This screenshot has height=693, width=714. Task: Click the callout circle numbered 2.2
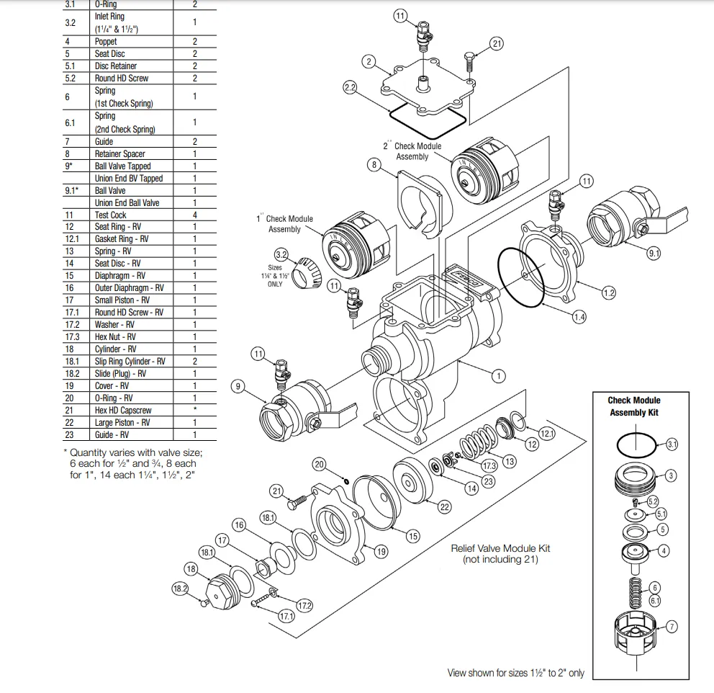click(x=351, y=88)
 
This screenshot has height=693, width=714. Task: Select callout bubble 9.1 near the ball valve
click(x=654, y=253)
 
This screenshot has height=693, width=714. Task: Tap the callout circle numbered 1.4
click(x=579, y=316)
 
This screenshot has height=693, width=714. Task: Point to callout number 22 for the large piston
click(x=445, y=507)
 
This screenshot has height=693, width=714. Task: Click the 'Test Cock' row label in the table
click(x=110, y=215)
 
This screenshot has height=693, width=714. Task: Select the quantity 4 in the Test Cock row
click(x=194, y=215)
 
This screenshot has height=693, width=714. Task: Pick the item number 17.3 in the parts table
click(x=72, y=336)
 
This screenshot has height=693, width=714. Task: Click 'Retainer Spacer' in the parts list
click(x=119, y=153)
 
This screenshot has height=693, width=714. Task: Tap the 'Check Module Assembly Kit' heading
click(x=633, y=406)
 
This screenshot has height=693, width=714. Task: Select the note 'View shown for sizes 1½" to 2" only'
click(x=515, y=673)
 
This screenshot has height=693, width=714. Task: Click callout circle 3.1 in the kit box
click(x=672, y=444)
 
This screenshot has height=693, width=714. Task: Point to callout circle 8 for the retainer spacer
click(x=373, y=165)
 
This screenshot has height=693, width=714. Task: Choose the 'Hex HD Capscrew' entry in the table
click(x=123, y=410)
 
